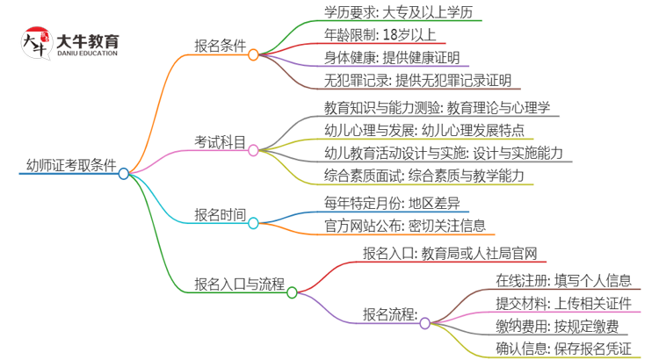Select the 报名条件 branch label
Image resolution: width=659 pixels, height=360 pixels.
[219, 46]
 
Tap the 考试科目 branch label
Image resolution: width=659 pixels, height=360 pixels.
[220, 140]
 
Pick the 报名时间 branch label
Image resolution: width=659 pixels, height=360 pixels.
[220, 213]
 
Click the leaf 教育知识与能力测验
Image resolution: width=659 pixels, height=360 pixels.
[424, 107]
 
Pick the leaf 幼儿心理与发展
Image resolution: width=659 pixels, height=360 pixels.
[412, 130]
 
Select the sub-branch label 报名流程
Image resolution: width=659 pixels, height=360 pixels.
[390, 313]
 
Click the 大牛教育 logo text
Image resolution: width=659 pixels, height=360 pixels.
[88, 41]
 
